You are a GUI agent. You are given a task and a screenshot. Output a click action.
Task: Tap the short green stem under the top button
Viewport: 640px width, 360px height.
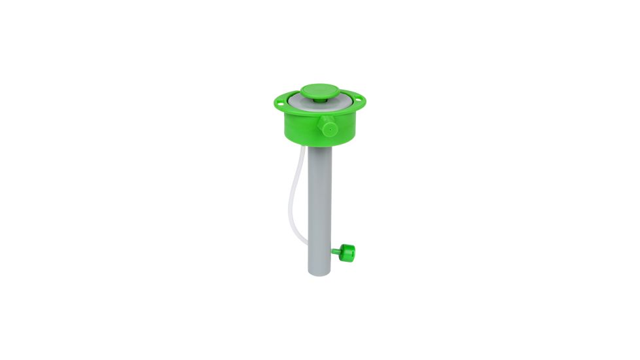[x=319, y=101]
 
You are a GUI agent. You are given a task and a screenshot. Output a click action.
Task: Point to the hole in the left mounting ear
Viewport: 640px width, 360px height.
[x=280, y=101]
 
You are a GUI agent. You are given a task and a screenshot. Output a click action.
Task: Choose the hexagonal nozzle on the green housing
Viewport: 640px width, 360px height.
[x=327, y=126]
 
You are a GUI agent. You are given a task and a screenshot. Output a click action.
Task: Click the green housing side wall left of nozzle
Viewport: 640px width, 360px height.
[x=298, y=124]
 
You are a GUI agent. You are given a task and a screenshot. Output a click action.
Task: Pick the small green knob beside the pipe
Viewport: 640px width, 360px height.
[x=347, y=251]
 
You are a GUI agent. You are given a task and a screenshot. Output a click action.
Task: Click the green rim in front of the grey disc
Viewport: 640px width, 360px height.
[x=308, y=112]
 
